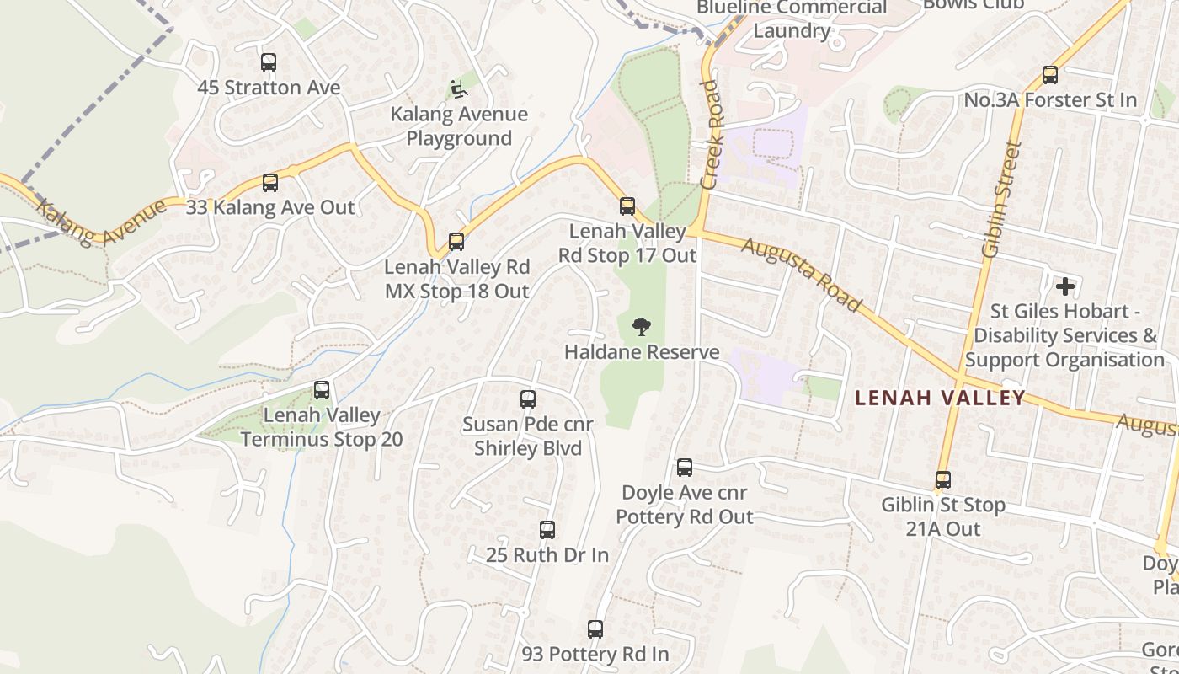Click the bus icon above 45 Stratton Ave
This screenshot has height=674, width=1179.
pyautogui.click(x=269, y=62)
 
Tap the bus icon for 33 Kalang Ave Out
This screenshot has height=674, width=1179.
pyautogui.click(x=270, y=183)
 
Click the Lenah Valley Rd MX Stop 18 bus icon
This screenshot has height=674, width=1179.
pyautogui.click(x=456, y=243)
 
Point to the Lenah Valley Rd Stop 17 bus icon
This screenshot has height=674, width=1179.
pyautogui.click(x=627, y=206)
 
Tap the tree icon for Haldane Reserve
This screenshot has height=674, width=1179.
pyautogui.click(x=642, y=327)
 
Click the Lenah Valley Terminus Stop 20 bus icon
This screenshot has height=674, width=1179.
pyautogui.click(x=322, y=390)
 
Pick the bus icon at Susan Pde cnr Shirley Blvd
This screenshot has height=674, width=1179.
pyautogui.click(x=528, y=399)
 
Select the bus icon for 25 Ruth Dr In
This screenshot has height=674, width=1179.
pyautogui.click(x=547, y=530)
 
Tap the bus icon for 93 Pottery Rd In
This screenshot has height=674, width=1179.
pyautogui.click(x=595, y=629)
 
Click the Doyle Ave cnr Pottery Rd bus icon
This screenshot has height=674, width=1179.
pyautogui.click(x=685, y=468)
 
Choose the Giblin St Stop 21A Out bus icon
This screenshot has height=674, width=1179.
pyautogui.click(x=943, y=480)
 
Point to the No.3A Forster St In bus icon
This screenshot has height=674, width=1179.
pyautogui.click(x=1050, y=75)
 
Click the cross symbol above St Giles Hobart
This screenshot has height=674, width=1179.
pyautogui.click(x=1065, y=286)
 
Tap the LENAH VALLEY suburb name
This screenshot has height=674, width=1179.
pyautogui.click(x=940, y=398)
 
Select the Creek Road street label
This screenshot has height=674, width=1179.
pyautogui.click(x=712, y=135)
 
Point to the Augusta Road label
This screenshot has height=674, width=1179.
pyautogui.click(x=801, y=274)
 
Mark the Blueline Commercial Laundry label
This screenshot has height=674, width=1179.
pyautogui.click(x=792, y=19)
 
